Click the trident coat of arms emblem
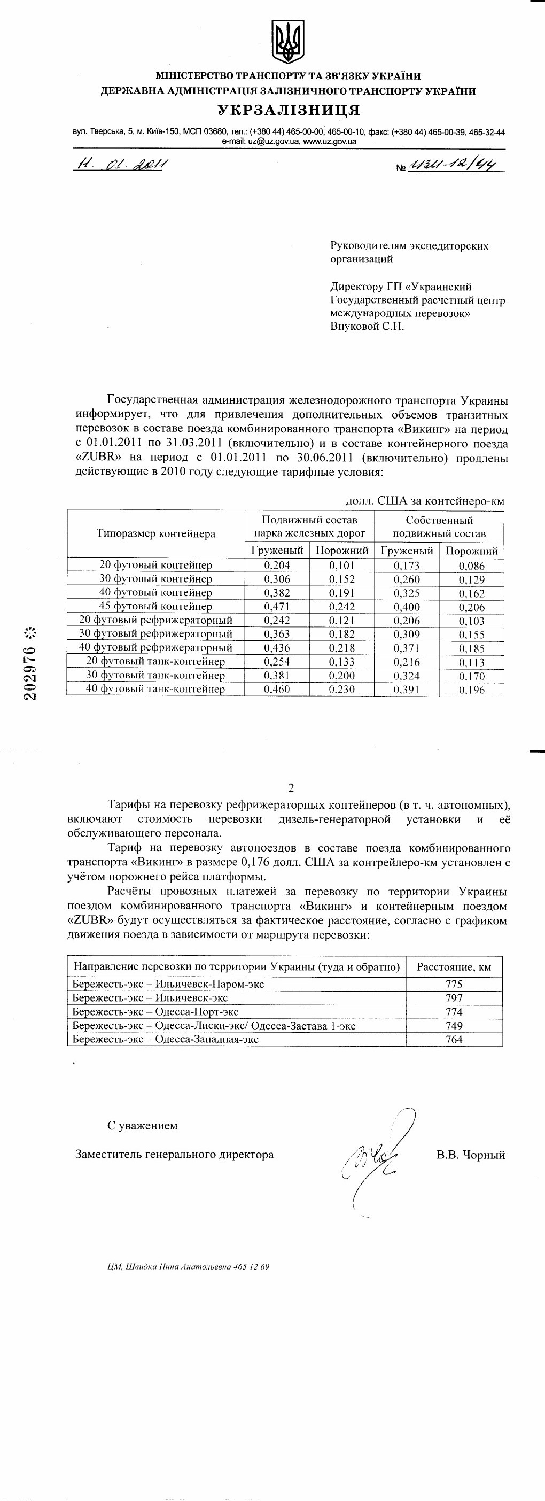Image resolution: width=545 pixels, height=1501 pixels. [x=288, y=41]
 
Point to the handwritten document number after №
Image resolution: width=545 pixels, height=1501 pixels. [x=456, y=166]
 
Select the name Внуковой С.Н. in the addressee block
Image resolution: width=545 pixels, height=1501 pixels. [x=367, y=326]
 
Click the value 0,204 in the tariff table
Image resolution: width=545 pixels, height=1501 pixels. [x=277, y=565]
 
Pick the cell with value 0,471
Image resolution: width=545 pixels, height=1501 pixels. [x=277, y=607]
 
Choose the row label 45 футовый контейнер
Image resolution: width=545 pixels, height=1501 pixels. [x=155, y=607]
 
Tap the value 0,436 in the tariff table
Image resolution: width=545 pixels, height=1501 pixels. [x=277, y=647]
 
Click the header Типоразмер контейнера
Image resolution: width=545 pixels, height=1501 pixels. [x=156, y=533]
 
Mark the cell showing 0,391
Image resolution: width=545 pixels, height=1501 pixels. [x=407, y=690]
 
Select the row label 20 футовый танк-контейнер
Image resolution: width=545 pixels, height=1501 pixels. [x=155, y=661]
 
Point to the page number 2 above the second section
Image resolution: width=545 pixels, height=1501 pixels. [x=291, y=788]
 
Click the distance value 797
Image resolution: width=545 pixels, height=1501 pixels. [x=454, y=998]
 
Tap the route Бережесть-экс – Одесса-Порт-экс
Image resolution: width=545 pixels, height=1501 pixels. [x=155, y=1012]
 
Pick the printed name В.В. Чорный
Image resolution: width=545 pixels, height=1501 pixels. [x=471, y=1154]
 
